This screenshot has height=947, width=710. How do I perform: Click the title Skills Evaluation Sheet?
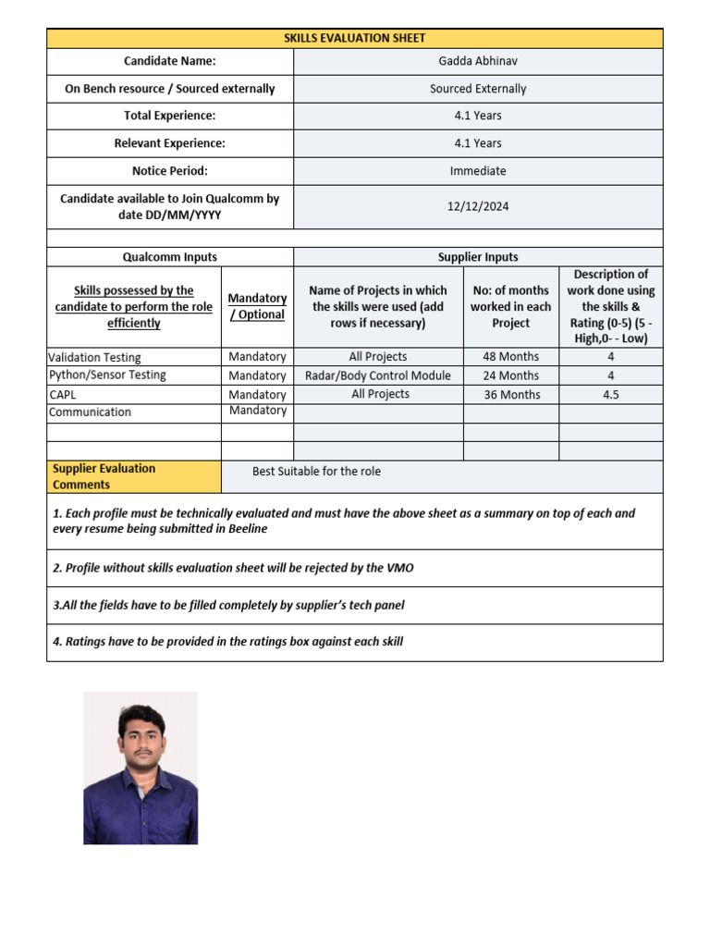click(x=354, y=38)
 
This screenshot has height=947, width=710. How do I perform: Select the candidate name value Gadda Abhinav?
click(x=478, y=61)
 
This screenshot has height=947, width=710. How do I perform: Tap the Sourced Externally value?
click(x=478, y=89)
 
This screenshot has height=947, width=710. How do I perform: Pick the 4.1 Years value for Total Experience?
click(x=478, y=116)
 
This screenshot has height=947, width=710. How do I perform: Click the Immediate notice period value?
click(x=478, y=171)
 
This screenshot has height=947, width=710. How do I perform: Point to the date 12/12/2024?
click(x=478, y=206)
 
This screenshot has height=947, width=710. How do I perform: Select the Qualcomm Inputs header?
click(x=170, y=257)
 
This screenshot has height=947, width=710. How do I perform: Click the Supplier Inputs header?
click(x=478, y=257)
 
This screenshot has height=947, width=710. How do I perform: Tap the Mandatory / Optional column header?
click(x=257, y=306)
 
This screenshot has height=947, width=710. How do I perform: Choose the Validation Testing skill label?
click(x=95, y=357)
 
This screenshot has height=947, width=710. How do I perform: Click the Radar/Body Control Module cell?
click(x=378, y=375)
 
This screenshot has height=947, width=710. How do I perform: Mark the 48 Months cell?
click(x=511, y=357)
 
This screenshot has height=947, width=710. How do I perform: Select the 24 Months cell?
click(x=511, y=375)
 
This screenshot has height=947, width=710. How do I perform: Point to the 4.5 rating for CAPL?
click(x=610, y=394)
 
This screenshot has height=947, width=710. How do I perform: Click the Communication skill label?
click(x=90, y=412)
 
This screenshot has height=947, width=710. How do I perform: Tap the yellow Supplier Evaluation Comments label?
click(x=104, y=476)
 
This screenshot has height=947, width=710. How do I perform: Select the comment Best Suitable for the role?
click(x=316, y=472)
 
